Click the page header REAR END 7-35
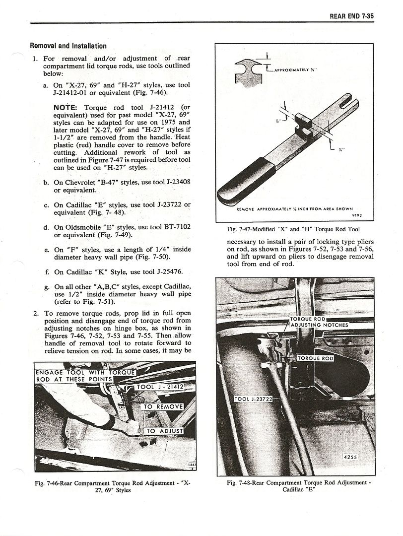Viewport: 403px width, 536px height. (x=351, y=16)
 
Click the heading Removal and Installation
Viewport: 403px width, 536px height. (x=68, y=46)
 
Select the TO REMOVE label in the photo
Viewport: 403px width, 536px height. (x=163, y=406)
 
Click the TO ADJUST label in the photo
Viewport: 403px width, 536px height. (x=164, y=431)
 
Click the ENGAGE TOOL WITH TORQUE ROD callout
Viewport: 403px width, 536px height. (x=84, y=376)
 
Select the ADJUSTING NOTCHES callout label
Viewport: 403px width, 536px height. (x=319, y=325)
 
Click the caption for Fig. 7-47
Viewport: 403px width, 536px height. (x=293, y=229)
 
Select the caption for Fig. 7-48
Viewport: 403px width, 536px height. (x=299, y=485)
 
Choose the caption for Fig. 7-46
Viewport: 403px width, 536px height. (x=113, y=485)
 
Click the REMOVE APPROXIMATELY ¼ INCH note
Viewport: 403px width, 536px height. (x=295, y=209)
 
